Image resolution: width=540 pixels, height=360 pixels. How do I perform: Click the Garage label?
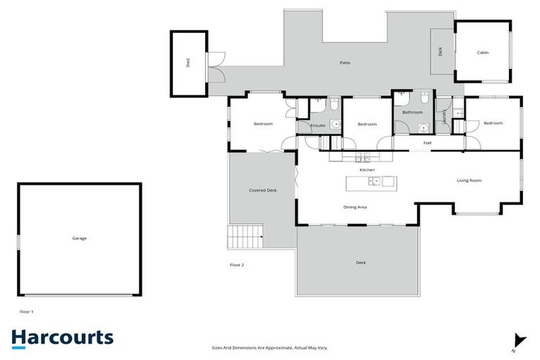[x=79, y=238]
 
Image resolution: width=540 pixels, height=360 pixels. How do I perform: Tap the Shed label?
[x=188, y=63]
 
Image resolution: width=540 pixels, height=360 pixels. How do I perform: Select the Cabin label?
[x=482, y=53]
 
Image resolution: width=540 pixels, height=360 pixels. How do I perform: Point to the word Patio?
[x=345, y=63]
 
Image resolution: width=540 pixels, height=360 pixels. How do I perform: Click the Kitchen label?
[x=367, y=169]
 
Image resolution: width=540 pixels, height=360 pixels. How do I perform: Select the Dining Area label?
[x=355, y=207]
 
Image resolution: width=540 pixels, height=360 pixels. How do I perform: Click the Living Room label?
[x=469, y=181]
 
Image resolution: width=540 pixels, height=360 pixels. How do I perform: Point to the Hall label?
[x=427, y=143]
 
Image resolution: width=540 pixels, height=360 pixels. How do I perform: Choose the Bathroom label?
[x=412, y=112]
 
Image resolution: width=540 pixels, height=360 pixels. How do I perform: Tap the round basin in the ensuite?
[x=335, y=124]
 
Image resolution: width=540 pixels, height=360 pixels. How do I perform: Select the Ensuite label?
[x=318, y=125]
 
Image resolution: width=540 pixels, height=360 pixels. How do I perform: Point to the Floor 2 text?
[x=237, y=265]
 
